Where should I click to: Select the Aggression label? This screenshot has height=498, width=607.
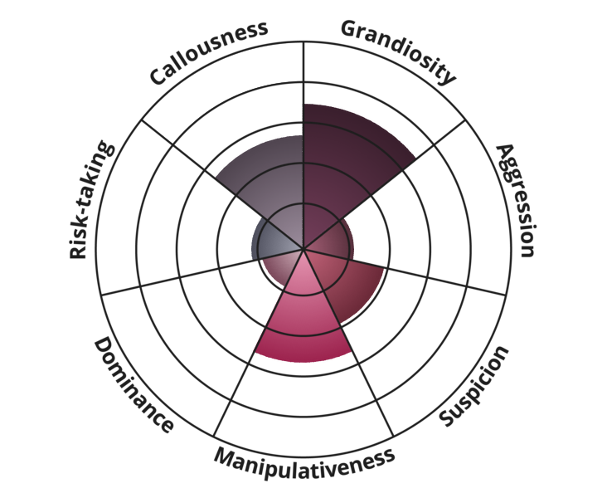click(x=517, y=200)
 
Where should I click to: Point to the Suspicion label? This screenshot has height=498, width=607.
click(x=473, y=386)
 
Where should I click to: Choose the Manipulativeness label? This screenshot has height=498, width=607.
click(x=304, y=463)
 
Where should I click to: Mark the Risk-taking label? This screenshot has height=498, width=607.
click(x=92, y=200)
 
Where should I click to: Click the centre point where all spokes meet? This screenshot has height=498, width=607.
click(x=303, y=249)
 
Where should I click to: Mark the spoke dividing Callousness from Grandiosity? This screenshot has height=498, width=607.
click(x=303, y=145)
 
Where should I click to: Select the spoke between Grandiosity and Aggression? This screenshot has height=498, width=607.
click(x=385, y=184)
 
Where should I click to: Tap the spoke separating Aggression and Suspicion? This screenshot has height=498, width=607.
click(x=405, y=272)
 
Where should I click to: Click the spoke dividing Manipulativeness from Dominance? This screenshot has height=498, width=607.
click(x=259, y=342)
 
